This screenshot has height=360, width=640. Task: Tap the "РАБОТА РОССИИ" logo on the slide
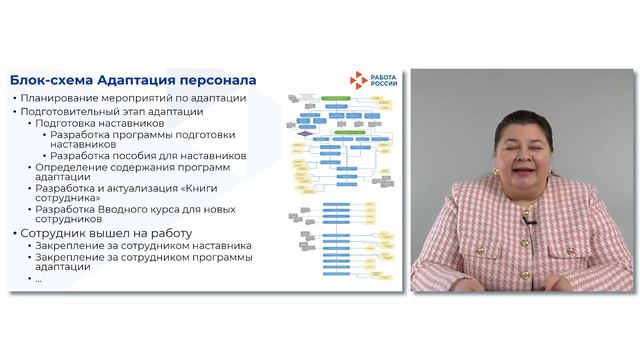click(375, 82)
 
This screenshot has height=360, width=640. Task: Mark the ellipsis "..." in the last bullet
click(39, 279)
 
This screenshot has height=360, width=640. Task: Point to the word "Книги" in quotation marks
click(201, 188)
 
